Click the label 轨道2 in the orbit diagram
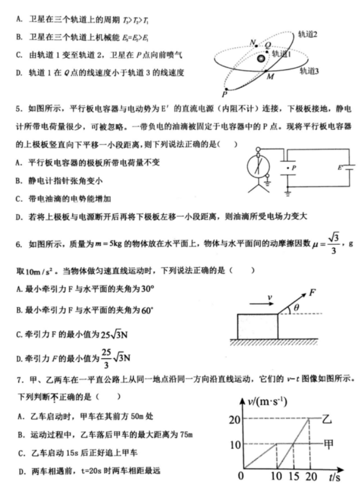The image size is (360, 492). (x=307, y=34)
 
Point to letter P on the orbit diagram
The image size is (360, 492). (x=225, y=94)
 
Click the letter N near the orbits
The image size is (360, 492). (x=252, y=42)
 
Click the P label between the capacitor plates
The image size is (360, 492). (x=294, y=168)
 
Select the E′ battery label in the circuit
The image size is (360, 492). (x=341, y=168)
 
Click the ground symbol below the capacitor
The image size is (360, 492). (x=287, y=194)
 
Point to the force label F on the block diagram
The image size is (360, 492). (x=313, y=292)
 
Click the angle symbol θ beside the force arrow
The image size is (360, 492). (x=297, y=308)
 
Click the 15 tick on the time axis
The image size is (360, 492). (x=294, y=476)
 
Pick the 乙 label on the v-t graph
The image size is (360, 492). (x=326, y=419)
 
